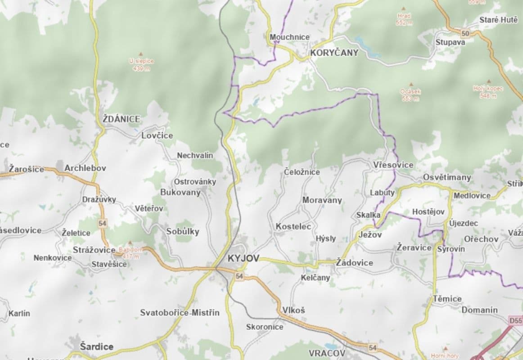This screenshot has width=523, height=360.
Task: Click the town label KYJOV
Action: (244, 258)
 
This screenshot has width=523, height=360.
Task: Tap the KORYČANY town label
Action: (334, 53)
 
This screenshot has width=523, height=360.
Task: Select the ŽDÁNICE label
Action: (121, 119)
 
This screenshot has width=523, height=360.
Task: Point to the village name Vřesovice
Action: (393, 165)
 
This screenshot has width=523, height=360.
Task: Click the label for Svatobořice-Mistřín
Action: (180, 312)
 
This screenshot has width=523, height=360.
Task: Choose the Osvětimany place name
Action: (446, 177)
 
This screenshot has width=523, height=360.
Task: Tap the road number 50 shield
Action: (465, 33)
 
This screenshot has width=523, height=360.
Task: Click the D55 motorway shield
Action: (516, 321)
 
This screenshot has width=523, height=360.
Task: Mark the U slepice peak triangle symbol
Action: (141, 54)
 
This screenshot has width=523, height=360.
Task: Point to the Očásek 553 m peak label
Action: (410, 95)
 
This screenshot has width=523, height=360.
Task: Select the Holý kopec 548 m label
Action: (488, 92)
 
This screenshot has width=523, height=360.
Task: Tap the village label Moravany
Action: (322, 200)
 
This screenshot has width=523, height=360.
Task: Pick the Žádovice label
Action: (354, 262)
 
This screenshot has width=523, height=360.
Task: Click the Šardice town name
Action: (96, 346)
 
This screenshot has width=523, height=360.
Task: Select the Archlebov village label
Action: (85, 168)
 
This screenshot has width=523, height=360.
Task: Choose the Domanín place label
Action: (479, 310)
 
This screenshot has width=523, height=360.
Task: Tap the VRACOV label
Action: (327, 353)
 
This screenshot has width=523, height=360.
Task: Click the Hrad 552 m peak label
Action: (404, 19)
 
